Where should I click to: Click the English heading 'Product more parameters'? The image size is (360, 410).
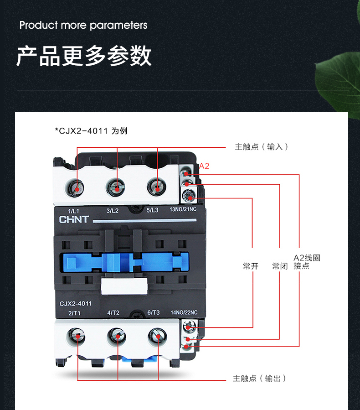click(x=83, y=25)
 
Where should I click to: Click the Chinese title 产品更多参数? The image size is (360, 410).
click(x=84, y=56)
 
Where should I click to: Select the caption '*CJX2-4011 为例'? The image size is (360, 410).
click(x=91, y=131)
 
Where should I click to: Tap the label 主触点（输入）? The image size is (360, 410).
click(x=261, y=147)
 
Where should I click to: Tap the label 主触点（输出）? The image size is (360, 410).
click(x=259, y=379)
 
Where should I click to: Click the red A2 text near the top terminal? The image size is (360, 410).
click(x=204, y=166)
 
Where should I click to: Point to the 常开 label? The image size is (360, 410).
click(x=251, y=266)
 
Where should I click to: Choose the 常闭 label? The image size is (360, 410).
click(x=280, y=266)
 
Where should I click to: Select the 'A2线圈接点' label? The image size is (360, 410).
click(x=307, y=262)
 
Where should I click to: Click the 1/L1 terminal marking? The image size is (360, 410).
click(x=73, y=211)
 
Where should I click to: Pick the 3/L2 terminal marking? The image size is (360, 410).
click(x=113, y=211)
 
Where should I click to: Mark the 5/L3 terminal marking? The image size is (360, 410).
click(x=152, y=211)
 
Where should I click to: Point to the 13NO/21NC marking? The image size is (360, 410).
click(x=183, y=210)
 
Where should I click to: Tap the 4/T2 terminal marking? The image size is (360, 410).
click(x=113, y=313)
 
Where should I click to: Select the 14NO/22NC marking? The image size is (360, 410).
click(x=184, y=313)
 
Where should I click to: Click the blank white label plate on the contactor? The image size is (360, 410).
click(x=124, y=286)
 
